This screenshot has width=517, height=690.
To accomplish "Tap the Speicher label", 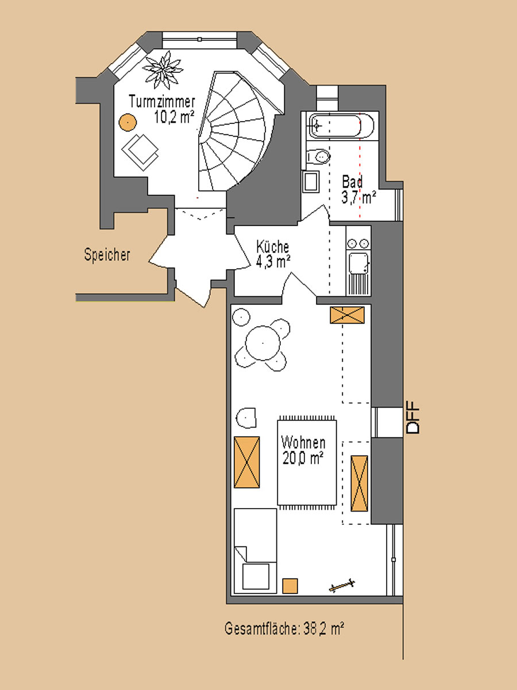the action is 107,254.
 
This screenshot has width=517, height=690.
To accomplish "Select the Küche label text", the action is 273,247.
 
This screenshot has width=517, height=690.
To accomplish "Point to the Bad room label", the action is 352,182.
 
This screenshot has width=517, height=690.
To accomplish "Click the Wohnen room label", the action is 303,443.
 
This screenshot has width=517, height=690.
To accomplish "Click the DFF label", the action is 413,418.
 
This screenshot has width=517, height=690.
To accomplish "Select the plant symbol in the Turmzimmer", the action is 163,70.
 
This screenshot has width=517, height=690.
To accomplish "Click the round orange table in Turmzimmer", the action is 128,122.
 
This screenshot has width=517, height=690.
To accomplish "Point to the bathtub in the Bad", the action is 341,126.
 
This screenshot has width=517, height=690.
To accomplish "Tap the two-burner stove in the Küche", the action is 358,243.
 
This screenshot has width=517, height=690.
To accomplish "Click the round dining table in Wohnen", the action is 263,343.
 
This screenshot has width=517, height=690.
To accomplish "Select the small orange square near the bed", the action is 290,586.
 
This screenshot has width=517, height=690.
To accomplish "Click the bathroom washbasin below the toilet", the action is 311,181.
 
